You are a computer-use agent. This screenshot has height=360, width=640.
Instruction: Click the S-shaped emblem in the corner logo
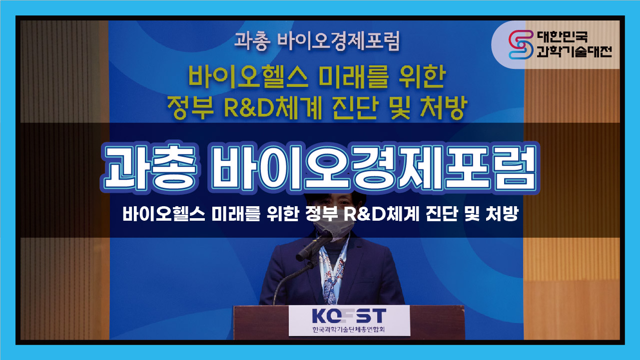coord(521,44)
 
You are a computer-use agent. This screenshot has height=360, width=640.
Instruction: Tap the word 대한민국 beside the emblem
coord(562,37)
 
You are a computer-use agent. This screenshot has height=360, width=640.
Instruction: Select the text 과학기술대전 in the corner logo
coord(574,51)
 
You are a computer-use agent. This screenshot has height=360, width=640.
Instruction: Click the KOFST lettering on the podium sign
coord(349,316)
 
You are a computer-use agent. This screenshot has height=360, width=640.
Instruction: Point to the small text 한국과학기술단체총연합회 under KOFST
coord(349,330)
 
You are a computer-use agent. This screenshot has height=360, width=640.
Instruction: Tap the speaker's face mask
coord(333,227)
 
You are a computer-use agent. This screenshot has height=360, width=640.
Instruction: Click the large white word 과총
coord(150,168)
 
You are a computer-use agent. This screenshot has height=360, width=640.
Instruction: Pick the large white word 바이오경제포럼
coord(373,168)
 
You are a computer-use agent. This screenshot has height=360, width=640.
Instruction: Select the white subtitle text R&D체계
coord(381,214)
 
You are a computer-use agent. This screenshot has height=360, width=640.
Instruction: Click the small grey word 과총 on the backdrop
coord(252,41)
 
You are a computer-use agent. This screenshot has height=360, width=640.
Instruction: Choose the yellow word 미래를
coord(353,77)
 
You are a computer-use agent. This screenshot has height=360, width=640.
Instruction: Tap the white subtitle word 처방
coord(502,214)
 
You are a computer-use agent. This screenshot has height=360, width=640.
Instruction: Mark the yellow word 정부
coord(190,108)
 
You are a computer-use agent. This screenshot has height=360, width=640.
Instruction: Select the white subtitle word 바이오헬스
coord(164,214)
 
